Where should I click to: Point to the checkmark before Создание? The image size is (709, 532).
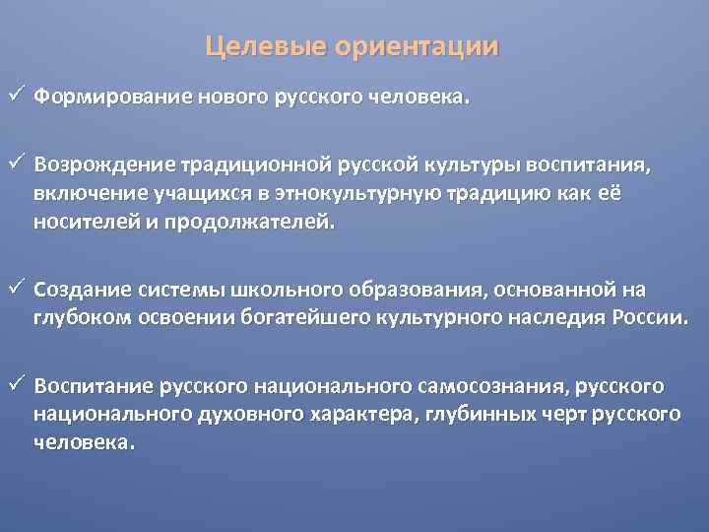point(15,289)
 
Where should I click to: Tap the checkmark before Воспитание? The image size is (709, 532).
point(15,383)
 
